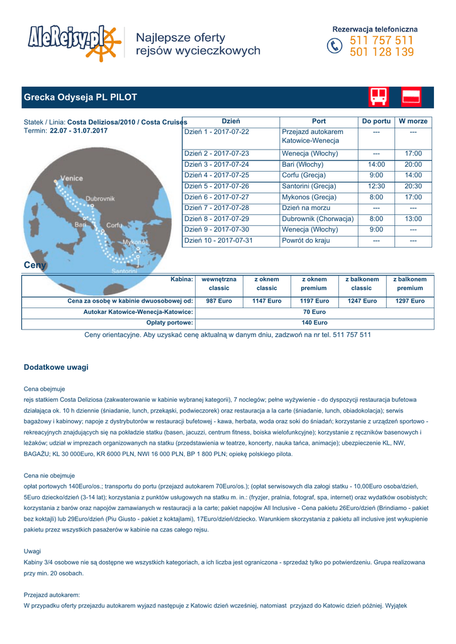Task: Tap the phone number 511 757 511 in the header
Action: (382, 41)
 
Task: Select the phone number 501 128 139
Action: (382, 52)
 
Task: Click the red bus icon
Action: (379, 97)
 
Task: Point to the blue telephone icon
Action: (335, 47)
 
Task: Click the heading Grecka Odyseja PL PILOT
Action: (80, 97)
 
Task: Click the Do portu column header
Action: (376, 121)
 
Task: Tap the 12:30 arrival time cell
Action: (376, 186)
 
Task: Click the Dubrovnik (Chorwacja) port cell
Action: (318, 219)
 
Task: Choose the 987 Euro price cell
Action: (219, 301)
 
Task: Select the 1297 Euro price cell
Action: (409, 301)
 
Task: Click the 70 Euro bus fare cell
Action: (314, 312)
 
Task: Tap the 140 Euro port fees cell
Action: (314, 323)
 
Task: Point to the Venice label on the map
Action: (71, 179)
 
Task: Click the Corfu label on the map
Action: (114, 225)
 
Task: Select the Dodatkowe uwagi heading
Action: (56, 367)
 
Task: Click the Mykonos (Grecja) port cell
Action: (309, 197)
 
